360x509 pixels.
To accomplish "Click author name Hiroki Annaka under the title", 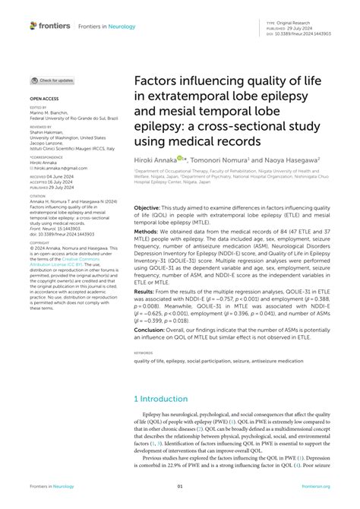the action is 154,160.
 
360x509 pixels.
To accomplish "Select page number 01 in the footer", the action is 180,486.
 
